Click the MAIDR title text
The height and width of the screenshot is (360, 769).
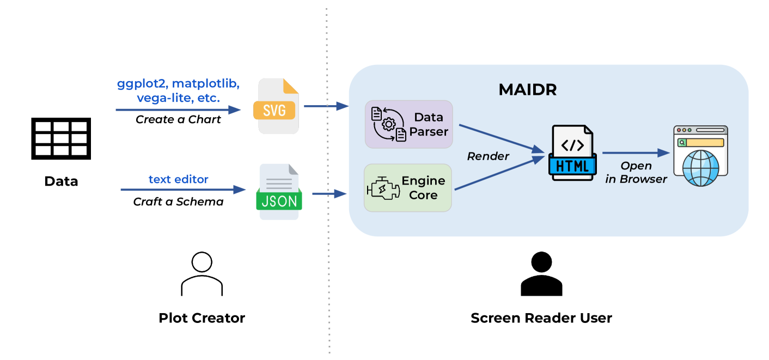(527, 90)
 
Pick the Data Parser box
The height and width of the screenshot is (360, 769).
(408, 124)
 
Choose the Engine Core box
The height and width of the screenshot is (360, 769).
(407, 188)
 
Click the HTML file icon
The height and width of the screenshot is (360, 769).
(573, 153)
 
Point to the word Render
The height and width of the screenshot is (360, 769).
(488, 157)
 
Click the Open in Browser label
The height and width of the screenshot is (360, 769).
(636, 173)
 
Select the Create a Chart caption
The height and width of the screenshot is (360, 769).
(178, 120)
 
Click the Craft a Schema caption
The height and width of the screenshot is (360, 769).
(178, 202)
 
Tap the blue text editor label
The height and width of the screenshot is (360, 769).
(178, 179)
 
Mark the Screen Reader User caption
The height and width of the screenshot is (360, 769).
(541, 318)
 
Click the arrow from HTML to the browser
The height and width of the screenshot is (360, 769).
(634, 154)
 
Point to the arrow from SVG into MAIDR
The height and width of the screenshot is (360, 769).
(325, 106)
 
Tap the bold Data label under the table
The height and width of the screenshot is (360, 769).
(61, 181)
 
